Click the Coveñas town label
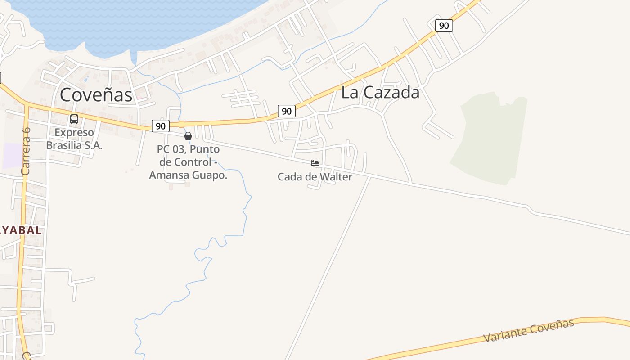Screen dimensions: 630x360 [96, 95]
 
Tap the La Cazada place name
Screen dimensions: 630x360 [380, 92]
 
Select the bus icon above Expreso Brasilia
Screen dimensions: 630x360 [74, 119]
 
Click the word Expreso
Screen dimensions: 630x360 [74, 133]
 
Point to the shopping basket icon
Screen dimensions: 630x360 [188, 136]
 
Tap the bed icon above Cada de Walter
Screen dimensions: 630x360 [315, 163]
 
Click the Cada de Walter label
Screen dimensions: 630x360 [315, 177]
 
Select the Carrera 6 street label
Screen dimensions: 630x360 [26, 151]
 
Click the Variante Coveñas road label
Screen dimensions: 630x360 [529, 331]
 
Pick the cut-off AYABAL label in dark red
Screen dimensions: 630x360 [20, 230]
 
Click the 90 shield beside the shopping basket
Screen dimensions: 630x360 [160, 126]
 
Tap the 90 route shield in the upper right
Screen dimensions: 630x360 [444, 26]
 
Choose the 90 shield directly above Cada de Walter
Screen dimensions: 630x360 [287, 111]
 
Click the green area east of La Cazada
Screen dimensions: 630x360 [490, 139]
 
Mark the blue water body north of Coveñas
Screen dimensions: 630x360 [135, 22]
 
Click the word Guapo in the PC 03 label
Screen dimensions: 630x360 [209, 175]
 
